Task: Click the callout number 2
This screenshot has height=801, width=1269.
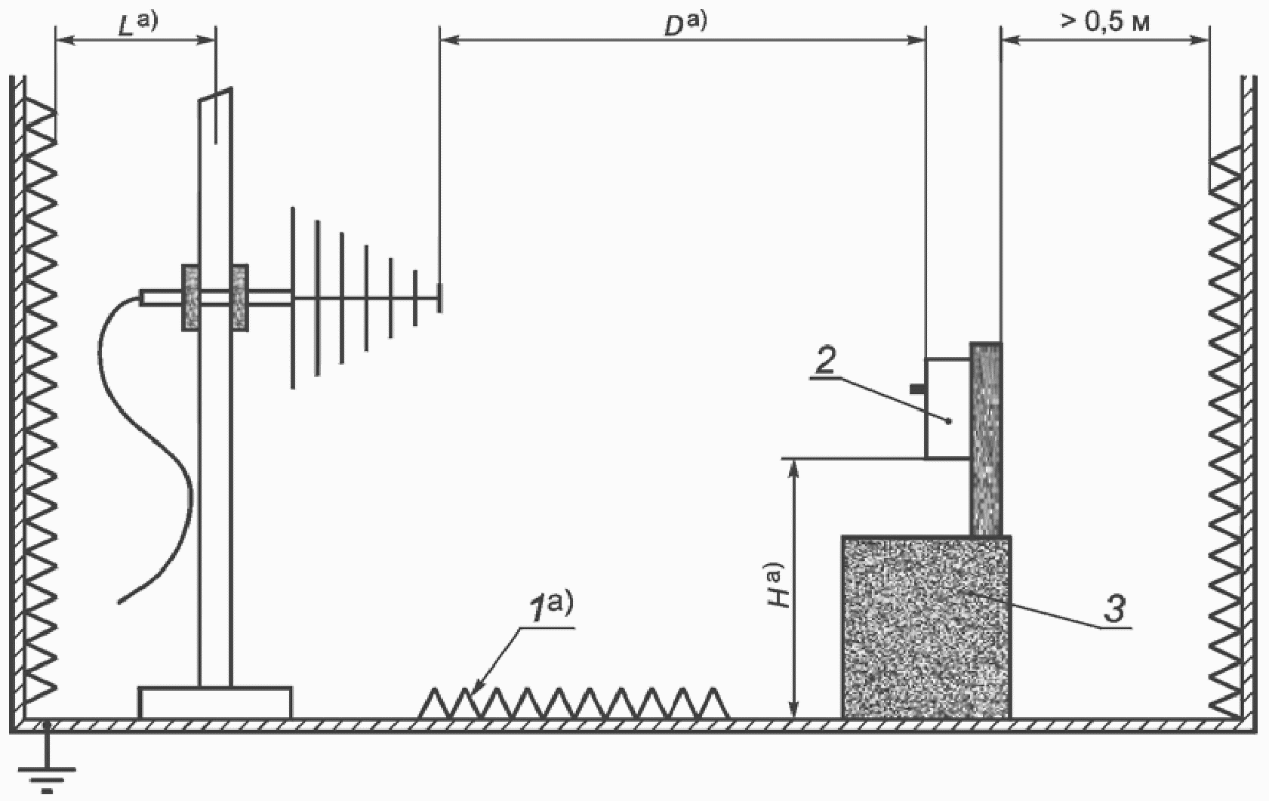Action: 825,362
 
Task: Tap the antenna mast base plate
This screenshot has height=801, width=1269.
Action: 215,702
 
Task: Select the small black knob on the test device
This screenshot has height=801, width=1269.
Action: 916,389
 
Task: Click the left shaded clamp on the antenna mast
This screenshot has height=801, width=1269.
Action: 190,297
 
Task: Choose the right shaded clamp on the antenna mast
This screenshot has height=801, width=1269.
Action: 239,297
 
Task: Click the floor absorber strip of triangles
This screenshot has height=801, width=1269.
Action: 574,703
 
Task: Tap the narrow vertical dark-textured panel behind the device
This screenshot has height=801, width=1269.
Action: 986,438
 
